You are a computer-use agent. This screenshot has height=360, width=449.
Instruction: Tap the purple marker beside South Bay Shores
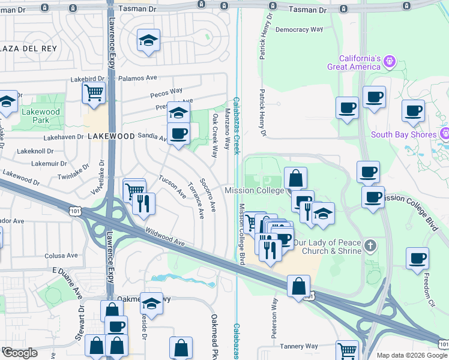click(x=445, y=133)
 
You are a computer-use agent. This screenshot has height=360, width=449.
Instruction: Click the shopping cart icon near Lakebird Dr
click(x=94, y=93)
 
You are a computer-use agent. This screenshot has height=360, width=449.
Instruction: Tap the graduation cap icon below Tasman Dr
click(x=148, y=41)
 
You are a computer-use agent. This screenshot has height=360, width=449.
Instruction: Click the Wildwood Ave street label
click(x=164, y=239)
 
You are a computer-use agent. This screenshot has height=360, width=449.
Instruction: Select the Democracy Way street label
click(x=300, y=29)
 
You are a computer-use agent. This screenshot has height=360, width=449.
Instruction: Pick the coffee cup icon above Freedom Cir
click(x=417, y=259)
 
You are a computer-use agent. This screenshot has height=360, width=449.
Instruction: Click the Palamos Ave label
click(x=137, y=78)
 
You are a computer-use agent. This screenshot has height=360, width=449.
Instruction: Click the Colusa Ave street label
click(x=61, y=256)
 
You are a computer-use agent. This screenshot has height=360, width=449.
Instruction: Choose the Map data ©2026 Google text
click(x=412, y=355)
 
